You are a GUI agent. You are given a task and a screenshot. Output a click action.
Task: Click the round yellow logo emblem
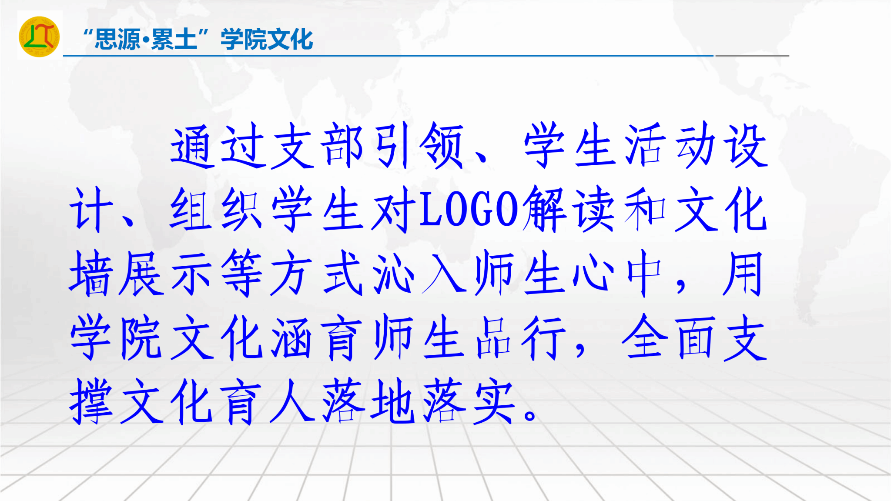39,37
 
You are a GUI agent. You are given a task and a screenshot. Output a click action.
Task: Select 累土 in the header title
174,39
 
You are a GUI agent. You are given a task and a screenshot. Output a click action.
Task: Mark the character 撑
91,401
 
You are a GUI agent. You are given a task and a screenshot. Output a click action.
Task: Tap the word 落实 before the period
469,401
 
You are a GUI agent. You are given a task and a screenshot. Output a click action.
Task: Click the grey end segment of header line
752,56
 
